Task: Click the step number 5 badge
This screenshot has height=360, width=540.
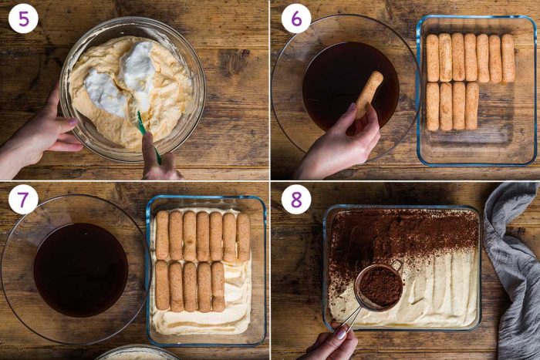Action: (23, 19)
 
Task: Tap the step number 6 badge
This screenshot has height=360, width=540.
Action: (296, 19)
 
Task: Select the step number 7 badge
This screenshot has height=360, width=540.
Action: (23, 199)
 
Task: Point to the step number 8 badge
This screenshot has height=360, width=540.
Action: (296, 199)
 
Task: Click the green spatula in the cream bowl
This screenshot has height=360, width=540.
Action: (148, 136)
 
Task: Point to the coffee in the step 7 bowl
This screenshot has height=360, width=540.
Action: (80, 270)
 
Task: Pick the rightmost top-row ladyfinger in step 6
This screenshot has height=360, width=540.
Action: (508, 58)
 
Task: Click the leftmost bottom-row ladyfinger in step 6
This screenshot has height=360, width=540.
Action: (433, 106)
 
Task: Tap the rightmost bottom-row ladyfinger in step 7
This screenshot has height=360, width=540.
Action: (218, 286)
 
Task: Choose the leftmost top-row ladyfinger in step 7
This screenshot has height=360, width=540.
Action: (162, 236)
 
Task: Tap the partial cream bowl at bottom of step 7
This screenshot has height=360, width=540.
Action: (138, 354)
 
